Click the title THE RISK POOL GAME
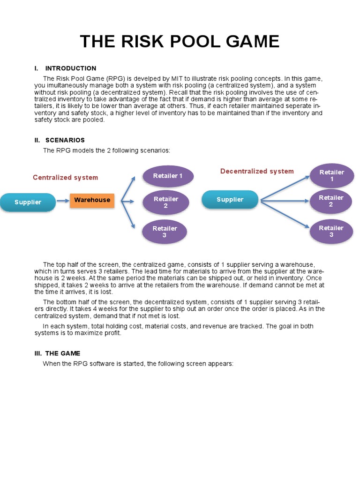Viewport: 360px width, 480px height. coord(180,42)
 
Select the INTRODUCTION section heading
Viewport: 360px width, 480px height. coord(70,68)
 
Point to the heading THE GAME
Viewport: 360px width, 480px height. coord(63,353)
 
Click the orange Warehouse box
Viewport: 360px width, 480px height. coord(92,200)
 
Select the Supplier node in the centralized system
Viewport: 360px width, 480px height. coord(28,202)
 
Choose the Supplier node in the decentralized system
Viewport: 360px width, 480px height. coord(230,200)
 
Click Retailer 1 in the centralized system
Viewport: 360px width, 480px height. coord(168,176)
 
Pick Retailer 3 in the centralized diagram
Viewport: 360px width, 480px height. coord(165,232)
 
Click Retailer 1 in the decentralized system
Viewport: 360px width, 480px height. coord(331,176)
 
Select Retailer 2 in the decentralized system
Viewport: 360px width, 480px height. coord(331,201)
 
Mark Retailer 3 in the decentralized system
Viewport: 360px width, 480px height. coord(331,231)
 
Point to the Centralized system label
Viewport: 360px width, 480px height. coord(65,178)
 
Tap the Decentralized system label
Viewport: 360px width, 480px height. coord(257,172)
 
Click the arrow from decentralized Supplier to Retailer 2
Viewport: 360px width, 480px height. coord(284,201)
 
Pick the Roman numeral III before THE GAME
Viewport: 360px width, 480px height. coord(37,353)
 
